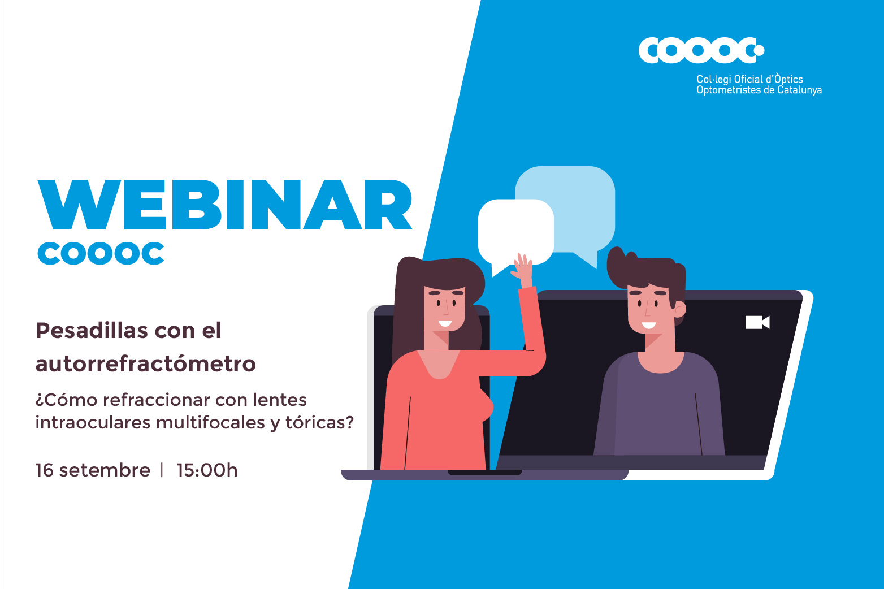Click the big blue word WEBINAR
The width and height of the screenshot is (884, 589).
pos(225,205)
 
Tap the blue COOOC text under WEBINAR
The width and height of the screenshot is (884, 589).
pos(101,254)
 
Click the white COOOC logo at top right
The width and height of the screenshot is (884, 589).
pos(701,50)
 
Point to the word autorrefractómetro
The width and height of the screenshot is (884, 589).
pos(146,363)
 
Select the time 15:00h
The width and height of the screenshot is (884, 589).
pos(207,470)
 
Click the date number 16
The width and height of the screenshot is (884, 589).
pos(44,470)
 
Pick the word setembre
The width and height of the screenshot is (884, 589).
pos(105,470)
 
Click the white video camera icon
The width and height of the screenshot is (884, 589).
pos(757,322)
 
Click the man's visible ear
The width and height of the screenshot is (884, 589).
pos(680,309)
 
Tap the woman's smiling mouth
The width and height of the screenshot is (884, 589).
pos(445,324)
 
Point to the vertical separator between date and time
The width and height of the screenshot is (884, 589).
pos(162,470)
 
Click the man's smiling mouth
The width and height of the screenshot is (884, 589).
pos(648,325)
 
